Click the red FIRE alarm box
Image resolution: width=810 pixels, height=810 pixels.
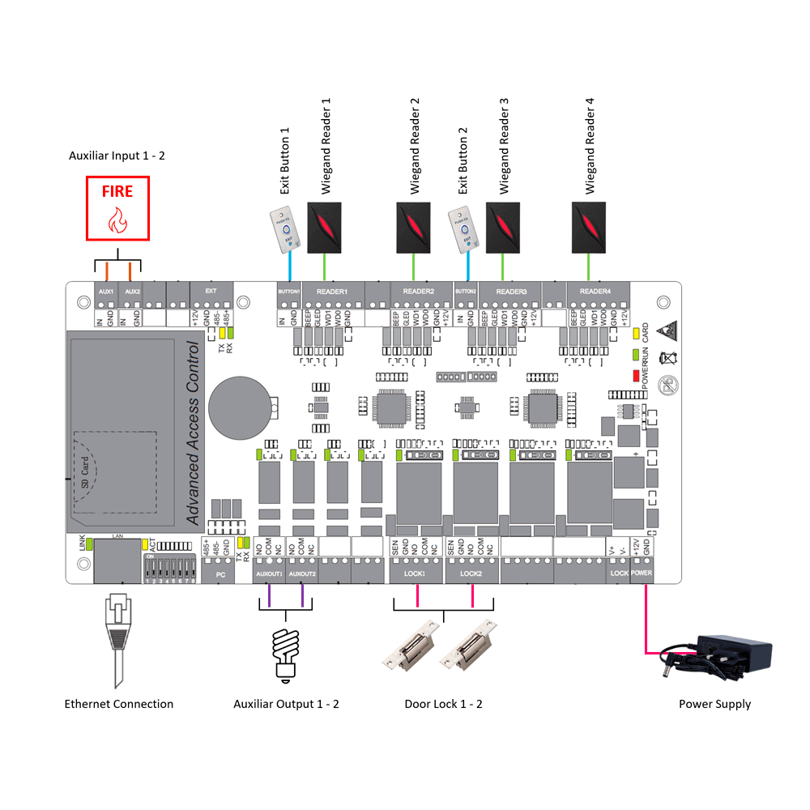tap(118, 209)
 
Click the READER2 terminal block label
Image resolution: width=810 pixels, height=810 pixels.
tap(419, 292)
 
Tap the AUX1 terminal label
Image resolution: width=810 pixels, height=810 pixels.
tap(104, 291)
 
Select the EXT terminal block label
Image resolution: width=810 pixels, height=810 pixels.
tap(211, 291)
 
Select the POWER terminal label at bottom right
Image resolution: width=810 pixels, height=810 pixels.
tap(641, 573)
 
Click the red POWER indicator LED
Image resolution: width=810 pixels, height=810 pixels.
tap(636, 376)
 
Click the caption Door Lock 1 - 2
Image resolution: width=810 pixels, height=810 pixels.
tap(443, 704)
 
